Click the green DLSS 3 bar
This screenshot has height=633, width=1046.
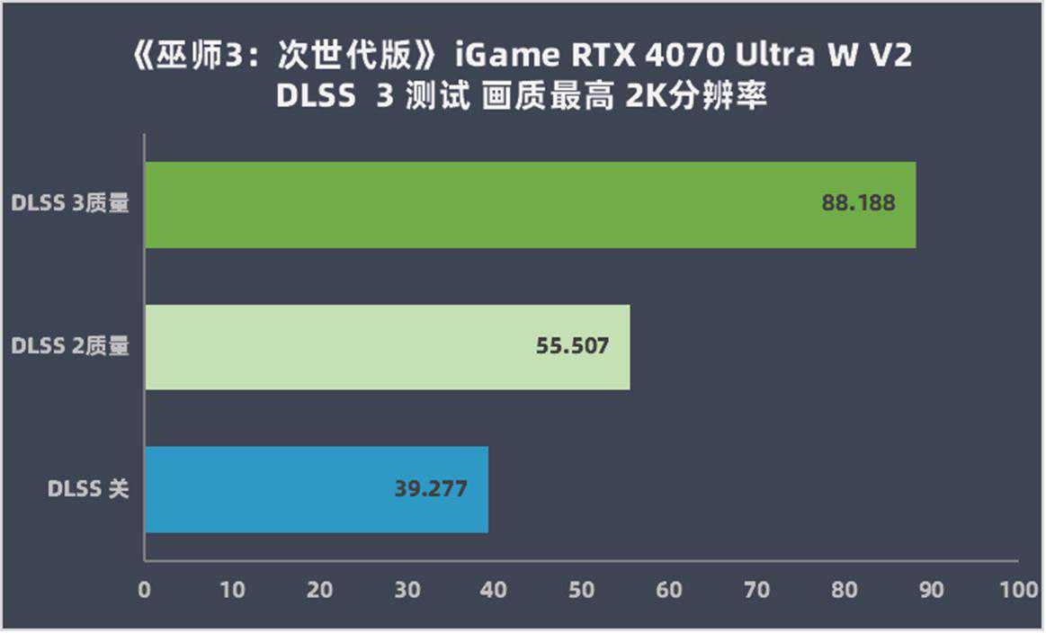[531, 205]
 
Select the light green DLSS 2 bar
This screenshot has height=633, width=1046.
[387, 347]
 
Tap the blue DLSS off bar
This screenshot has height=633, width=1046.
[317, 489]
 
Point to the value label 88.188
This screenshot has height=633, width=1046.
[858, 203]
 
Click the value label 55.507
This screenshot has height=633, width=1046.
[573, 345]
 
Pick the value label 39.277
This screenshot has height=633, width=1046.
[431, 489]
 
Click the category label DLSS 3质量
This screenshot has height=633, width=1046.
[70, 204]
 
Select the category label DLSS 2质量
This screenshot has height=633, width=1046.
[70, 346]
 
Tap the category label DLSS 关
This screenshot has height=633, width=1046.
[88, 489]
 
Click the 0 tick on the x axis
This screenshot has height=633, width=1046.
[145, 590]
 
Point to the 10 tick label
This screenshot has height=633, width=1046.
[232, 590]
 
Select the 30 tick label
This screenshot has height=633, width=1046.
[407, 590]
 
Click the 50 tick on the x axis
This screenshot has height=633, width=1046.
[582, 590]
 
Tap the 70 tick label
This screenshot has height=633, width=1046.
[757, 590]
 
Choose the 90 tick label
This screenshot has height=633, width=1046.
[932, 590]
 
